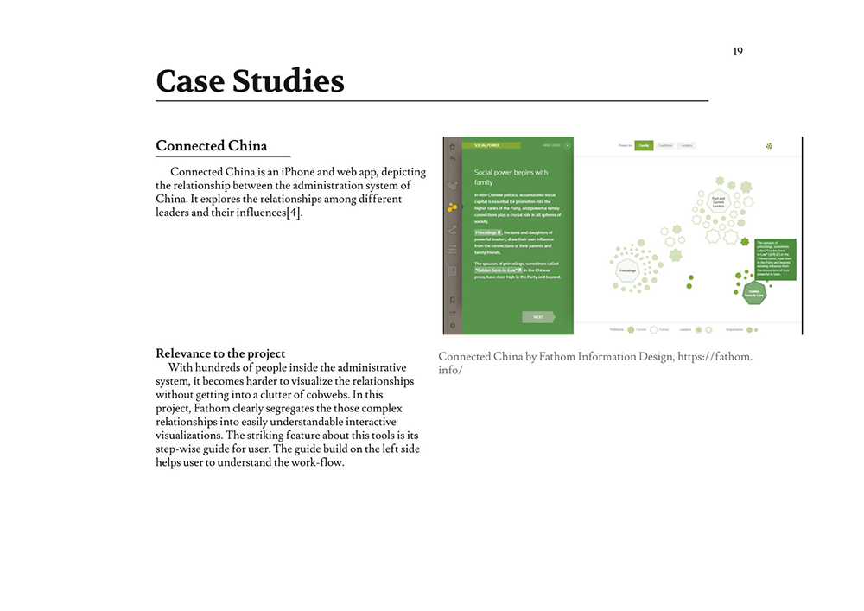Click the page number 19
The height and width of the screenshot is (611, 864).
[x=737, y=52]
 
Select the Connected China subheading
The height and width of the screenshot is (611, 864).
[x=211, y=146]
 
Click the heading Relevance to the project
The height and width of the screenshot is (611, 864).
[x=219, y=353]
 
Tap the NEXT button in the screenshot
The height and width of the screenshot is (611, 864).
[x=537, y=317]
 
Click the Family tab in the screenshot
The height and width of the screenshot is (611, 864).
[x=643, y=146]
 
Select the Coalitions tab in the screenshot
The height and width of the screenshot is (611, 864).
[x=664, y=146]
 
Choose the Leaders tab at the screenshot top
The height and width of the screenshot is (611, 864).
[x=687, y=146]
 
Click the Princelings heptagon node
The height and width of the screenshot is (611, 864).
[x=627, y=270]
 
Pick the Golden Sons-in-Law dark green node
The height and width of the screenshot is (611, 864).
[x=754, y=293]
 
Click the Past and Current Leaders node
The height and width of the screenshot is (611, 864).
[x=718, y=201]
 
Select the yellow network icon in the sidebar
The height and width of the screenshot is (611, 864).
[x=451, y=207]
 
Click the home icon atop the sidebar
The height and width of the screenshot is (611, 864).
[x=451, y=146]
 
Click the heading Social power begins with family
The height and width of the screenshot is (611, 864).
[x=511, y=177]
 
